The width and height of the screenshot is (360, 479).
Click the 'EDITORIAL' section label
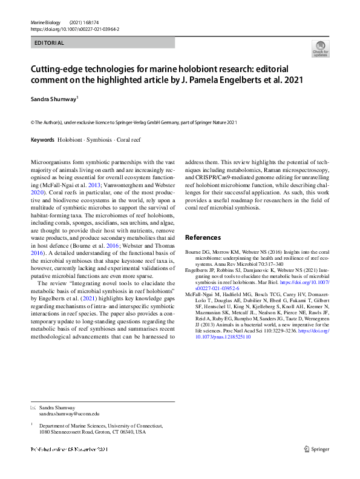coord(50,43)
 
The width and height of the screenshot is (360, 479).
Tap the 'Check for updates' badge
coord(321,48)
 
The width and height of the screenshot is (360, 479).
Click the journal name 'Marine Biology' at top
coord(46,22)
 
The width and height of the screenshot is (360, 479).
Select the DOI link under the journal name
coord(74,28)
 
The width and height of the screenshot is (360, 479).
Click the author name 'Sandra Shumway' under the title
coord(54,97)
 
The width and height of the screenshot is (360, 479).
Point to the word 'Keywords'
coord(42,140)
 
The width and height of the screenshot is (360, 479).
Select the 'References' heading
coord(203,238)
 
